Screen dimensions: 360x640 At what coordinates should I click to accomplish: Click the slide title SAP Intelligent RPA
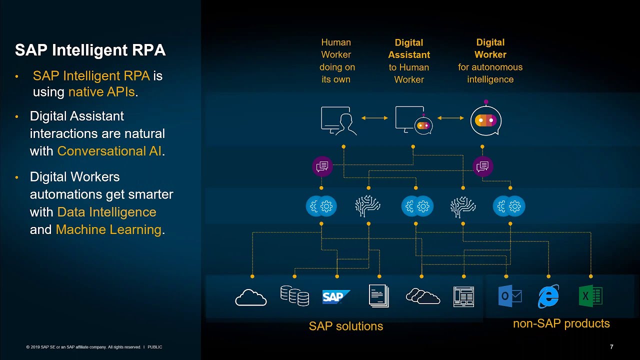[x=90, y=50]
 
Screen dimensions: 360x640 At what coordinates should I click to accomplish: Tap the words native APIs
[x=101, y=92]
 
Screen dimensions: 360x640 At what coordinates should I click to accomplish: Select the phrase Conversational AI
[x=109, y=151]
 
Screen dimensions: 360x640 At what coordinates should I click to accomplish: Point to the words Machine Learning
[x=108, y=229]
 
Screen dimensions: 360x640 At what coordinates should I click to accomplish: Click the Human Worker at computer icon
[x=338, y=120]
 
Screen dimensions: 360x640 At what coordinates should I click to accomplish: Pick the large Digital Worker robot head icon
[x=485, y=120]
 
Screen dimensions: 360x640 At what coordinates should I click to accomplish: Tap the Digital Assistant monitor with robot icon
[x=413, y=120]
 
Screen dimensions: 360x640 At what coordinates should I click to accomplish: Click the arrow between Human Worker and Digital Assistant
[x=374, y=118]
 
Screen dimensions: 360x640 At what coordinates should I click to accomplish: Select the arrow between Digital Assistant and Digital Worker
[x=450, y=118]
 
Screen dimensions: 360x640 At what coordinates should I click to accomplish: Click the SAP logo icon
[x=335, y=297]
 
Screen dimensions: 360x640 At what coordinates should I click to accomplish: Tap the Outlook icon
[x=510, y=296]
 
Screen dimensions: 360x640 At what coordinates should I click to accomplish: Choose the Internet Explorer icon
[x=548, y=296]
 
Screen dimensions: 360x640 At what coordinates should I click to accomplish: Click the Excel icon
[x=590, y=296]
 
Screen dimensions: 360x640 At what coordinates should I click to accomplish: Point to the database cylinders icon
[x=294, y=295]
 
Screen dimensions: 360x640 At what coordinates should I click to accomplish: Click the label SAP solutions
[x=346, y=326]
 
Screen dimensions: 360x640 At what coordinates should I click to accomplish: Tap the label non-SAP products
[x=561, y=323]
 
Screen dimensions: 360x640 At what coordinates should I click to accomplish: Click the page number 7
[x=611, y=347]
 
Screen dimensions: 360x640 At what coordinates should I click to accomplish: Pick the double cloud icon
[x=423, y=296]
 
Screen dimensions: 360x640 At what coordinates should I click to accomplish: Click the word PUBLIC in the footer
[x=155, y=347]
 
